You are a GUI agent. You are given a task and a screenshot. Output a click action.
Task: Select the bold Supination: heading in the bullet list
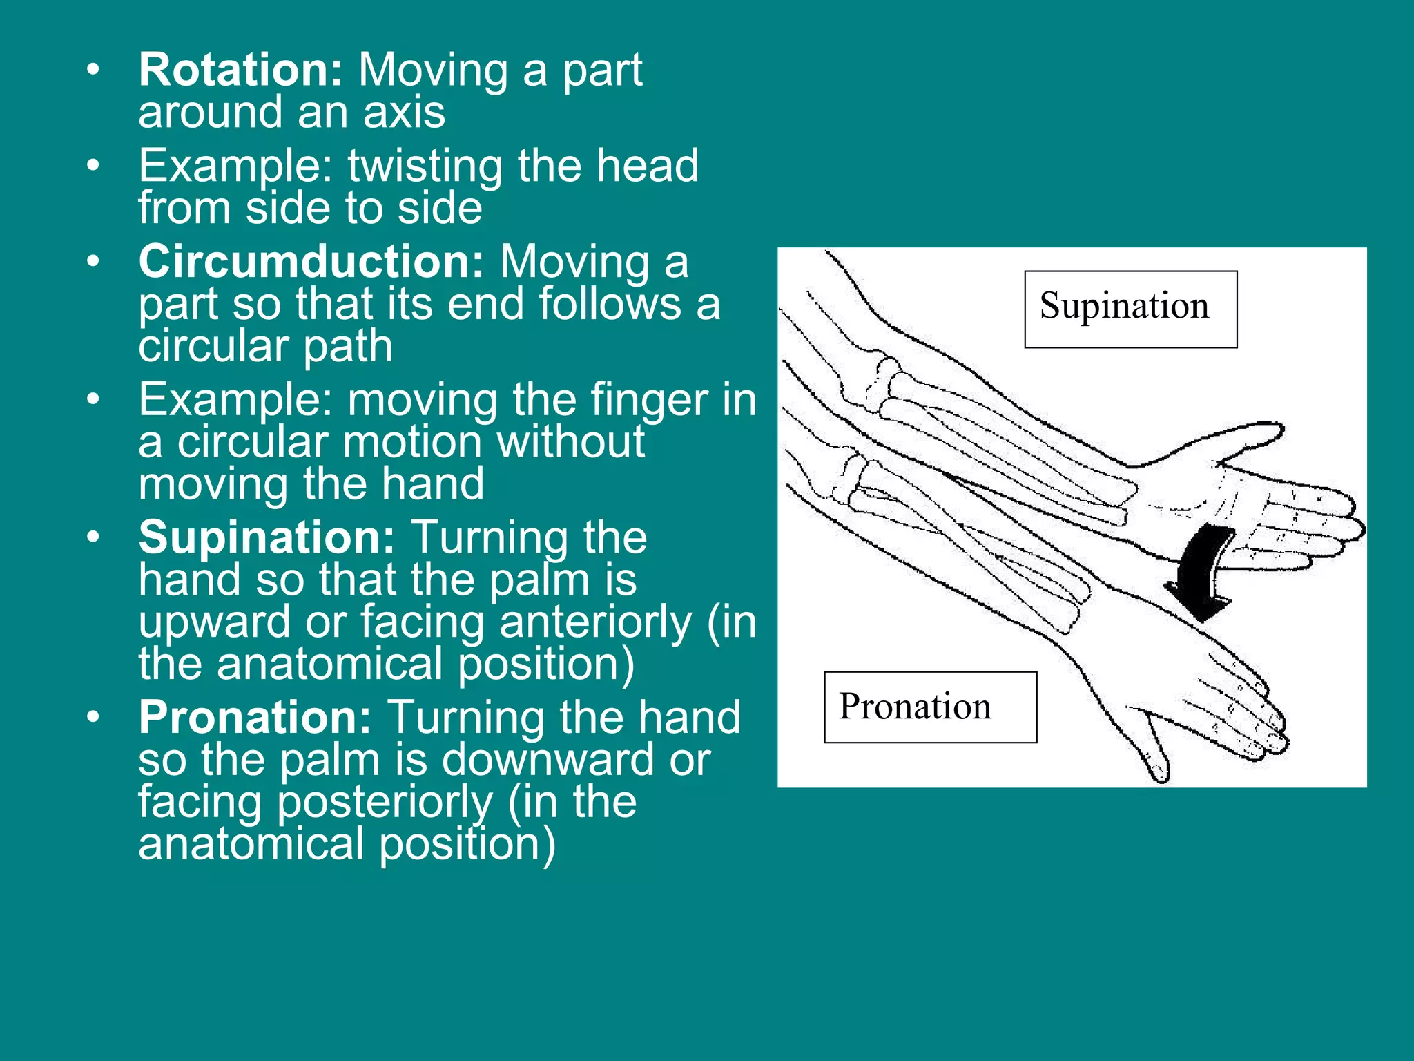tap(267, 537)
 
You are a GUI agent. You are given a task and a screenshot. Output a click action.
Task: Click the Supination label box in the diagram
tap(1130, 309)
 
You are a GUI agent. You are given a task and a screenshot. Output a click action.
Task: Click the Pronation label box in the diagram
tap(930, 707)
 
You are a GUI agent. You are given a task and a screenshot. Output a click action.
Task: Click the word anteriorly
tap(595, 622)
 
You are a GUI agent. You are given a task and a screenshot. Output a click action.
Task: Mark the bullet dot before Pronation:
tap(93, 717)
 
